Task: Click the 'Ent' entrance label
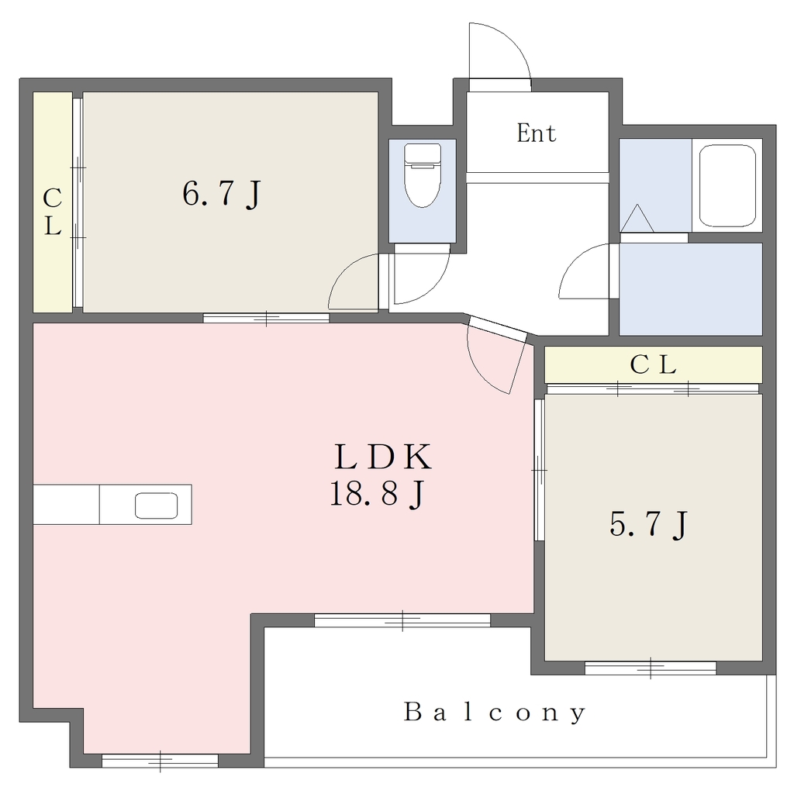point(537,133)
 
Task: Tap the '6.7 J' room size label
point(222,194)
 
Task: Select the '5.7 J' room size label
point(649,524)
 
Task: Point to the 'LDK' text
point(383,456)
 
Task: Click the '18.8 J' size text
point(377,494)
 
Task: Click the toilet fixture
point(423,174)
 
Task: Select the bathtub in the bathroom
point(727,185)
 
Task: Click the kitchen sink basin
point(156,506)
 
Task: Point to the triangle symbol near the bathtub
point(637,219)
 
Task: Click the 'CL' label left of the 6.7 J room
point(52,212)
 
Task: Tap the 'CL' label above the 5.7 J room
point(653,364)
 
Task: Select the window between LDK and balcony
point(402,620)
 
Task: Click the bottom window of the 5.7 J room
point(651,668)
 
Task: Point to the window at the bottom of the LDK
point(160,761)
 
